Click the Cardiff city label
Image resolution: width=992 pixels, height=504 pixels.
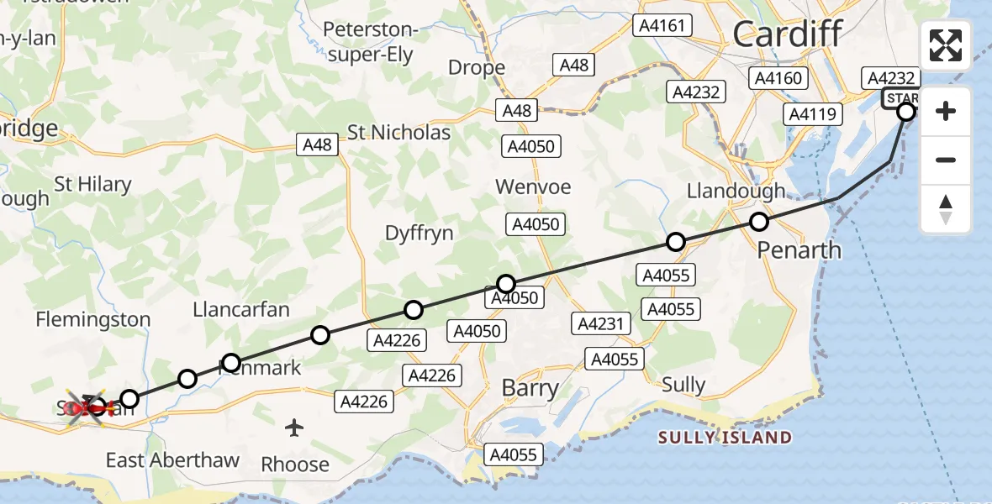(x=787, y=34)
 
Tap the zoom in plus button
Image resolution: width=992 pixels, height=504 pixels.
(x=946, y=111)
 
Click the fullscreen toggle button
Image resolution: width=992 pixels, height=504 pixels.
(x=946, y=45)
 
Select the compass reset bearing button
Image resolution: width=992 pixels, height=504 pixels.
(x=946, y=209)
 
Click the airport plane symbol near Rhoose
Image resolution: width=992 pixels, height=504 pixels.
(x=294, y=428)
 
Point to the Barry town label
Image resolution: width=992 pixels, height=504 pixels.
(x=530, y=388)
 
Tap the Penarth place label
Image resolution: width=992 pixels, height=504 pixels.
(x=799, y=250)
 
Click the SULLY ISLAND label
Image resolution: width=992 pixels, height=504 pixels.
(x=725, y=438)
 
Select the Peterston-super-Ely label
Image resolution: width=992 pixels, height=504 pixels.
(x=370, y=43)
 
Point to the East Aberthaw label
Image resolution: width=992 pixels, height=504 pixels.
(x=172, y=460)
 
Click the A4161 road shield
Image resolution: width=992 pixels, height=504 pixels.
(x=663, y=25)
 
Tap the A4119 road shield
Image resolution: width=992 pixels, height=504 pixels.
(x=812, y=113)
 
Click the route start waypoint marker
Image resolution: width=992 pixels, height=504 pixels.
(x=906, y=111)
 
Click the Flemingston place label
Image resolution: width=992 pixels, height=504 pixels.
(x=93, y=319)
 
